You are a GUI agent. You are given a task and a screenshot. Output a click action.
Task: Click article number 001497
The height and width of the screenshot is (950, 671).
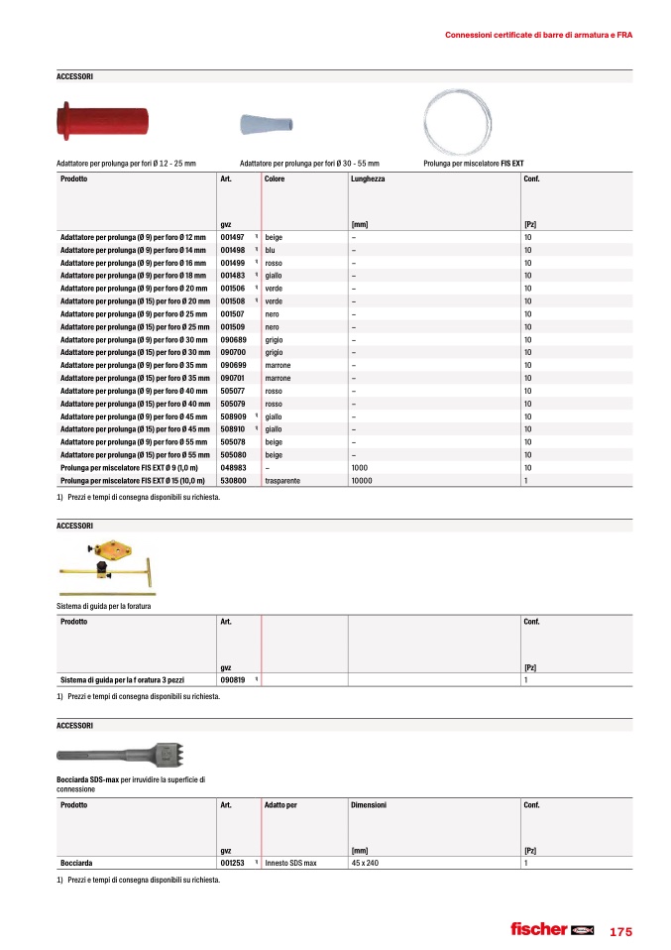[x=233, y=238]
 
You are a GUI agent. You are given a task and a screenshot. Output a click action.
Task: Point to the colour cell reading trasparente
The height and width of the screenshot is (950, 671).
[x=283, y=480]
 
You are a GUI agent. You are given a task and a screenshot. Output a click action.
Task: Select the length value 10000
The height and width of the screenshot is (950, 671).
[x=363, y=480]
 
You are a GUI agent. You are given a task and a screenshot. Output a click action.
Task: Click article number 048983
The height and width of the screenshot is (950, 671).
[x=233, y=467]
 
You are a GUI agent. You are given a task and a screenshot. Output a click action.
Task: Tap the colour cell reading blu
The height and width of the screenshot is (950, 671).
[x=272, y=251]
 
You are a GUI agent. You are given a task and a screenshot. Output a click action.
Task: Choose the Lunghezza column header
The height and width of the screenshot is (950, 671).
[x=368, y=178]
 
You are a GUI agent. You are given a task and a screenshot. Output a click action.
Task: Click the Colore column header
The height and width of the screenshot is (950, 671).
[x=276, y=178]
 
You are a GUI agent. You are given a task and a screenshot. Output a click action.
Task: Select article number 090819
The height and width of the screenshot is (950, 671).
[x=233, y=680]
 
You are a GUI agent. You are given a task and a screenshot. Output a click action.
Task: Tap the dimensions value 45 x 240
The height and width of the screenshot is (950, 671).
[x=367, y=865]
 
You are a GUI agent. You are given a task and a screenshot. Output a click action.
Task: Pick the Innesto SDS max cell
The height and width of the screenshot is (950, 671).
[x=290, y=865]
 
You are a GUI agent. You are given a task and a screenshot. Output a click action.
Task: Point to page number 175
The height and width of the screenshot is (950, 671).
[x=620, y=931]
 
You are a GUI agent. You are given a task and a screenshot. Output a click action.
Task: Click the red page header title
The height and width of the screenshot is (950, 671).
[x=538, y=35]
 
